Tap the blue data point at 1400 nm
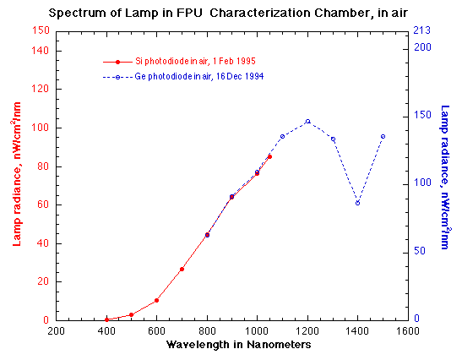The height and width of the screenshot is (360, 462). point(357,203)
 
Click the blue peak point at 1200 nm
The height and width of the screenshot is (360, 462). point(307,121)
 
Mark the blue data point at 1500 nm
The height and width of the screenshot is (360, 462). point(383,136)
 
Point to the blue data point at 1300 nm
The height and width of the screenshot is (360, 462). point(333,139)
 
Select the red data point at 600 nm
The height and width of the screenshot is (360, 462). point(156,300)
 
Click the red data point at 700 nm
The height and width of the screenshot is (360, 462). point(182,269)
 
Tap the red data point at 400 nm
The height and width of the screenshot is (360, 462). point(106,319)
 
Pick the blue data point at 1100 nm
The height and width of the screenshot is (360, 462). point(282,136)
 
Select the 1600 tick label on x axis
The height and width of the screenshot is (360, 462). point(408,332)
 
